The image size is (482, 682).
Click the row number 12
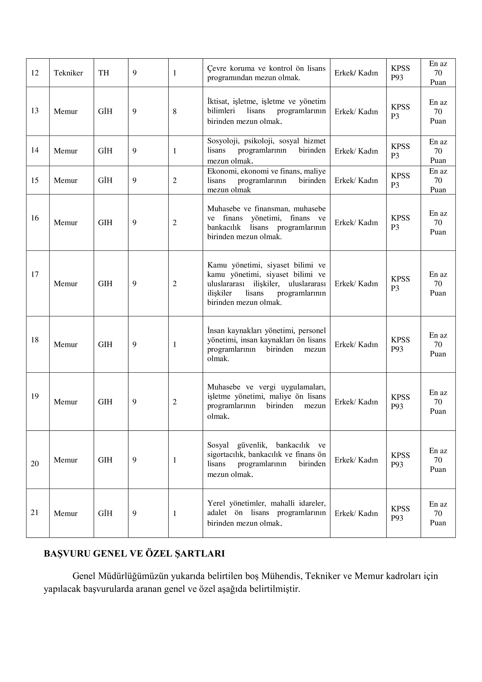(35, 73)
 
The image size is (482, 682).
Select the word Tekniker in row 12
(68, 73)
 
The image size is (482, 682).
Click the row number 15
(35, 180)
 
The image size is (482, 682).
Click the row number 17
(35, 274)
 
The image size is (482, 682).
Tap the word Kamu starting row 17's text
(217, 265)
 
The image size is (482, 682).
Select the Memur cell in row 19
(66, 402)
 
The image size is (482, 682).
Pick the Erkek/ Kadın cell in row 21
(356, 513)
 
